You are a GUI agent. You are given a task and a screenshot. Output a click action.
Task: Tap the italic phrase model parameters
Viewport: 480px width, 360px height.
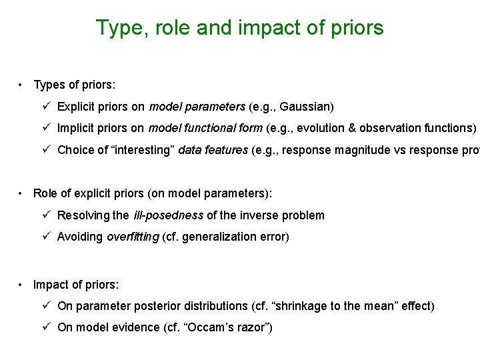[x=197, y=107]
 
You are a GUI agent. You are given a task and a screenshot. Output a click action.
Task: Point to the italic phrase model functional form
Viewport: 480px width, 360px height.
[x=205, y=128]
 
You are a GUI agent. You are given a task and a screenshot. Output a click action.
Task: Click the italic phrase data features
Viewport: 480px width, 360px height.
[x=217, y=150]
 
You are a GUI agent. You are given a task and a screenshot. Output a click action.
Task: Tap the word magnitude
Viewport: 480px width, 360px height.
[x=360, y=150]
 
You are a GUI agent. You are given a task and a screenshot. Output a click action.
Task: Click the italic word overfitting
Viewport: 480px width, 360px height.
[x=133, y=237]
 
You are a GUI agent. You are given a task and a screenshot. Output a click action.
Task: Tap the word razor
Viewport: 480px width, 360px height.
[x=250, y=327]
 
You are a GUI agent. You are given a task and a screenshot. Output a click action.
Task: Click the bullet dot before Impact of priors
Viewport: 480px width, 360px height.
[x=22, y=285]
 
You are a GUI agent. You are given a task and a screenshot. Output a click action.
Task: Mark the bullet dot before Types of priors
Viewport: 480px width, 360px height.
[x=22, y=85]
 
